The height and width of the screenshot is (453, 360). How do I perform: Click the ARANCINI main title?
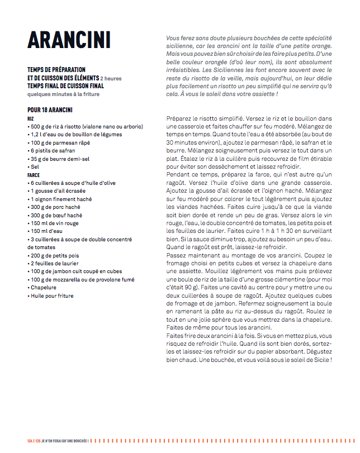(69, 40)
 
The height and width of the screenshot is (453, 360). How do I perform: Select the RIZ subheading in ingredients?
(31, 119)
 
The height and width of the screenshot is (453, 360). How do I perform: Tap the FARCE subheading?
(34, 175)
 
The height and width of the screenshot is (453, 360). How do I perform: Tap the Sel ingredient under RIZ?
(35, 167)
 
